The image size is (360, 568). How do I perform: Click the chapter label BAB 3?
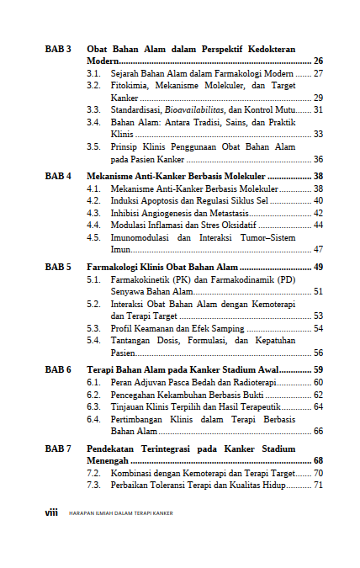coord(58,50)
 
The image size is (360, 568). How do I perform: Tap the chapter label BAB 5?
coord(58,267)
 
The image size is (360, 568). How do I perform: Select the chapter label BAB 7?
coord(58,449)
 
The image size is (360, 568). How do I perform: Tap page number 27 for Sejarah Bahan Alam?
coord(318,74)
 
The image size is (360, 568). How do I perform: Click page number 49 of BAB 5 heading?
coord(318,267)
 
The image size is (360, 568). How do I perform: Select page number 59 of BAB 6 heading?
coord(318,369)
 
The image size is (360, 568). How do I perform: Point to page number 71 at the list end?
coord(318,486)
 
